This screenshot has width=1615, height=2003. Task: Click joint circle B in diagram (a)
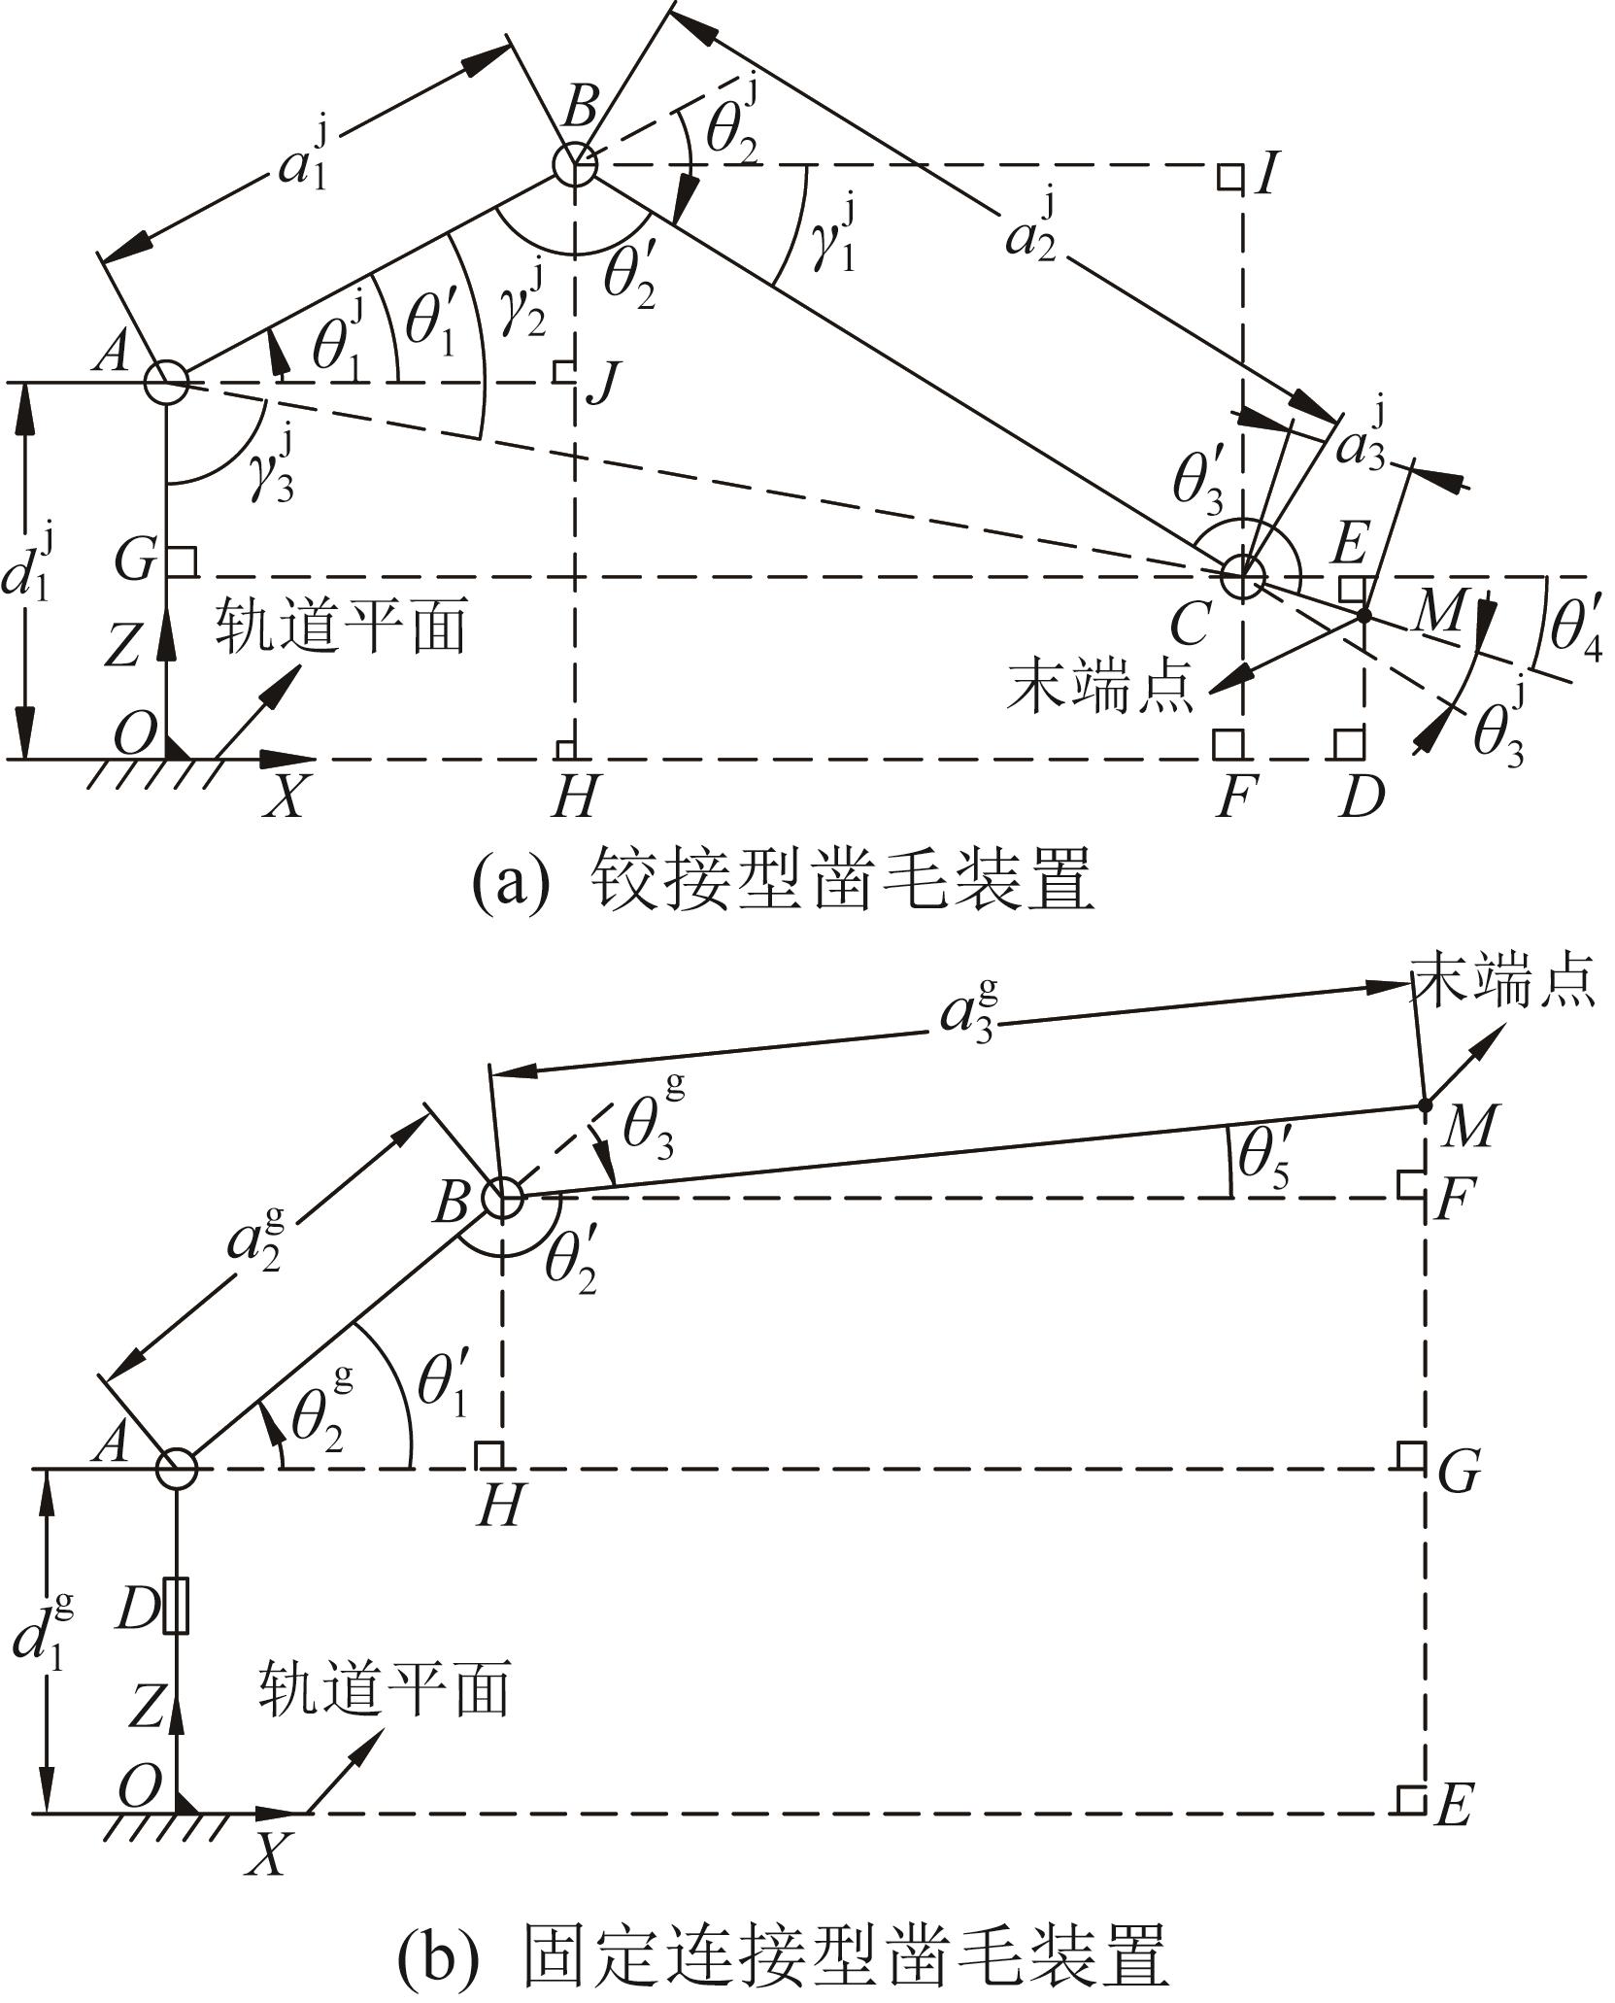point(575,164)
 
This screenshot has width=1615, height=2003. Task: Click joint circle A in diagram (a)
point(166,382)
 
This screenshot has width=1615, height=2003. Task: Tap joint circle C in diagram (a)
point(1244,575)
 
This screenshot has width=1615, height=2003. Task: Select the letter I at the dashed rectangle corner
point(1263,178)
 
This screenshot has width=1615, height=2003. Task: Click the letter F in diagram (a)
point(1235,799)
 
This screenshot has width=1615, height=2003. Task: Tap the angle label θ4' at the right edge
point(1574,629)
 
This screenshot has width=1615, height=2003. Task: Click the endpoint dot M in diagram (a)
point(1363,616)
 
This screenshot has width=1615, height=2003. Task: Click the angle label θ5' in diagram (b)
point(1263,1158)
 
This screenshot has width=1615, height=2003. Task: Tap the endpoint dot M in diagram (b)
point(1425,1105)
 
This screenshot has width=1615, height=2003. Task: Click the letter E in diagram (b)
point(1455,1807)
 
